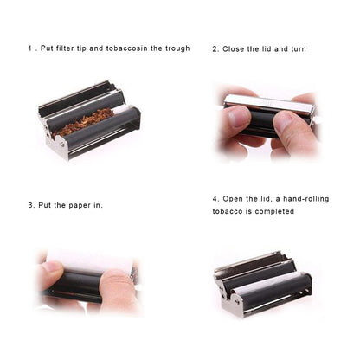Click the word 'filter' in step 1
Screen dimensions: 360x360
(x=70, y=48)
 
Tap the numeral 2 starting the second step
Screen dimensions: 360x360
(x=215, y=48)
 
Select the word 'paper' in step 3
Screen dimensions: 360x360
(x=80, y=205)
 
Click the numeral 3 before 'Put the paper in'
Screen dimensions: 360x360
(x=29, y=205)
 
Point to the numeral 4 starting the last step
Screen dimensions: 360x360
(x=215, y=198)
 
